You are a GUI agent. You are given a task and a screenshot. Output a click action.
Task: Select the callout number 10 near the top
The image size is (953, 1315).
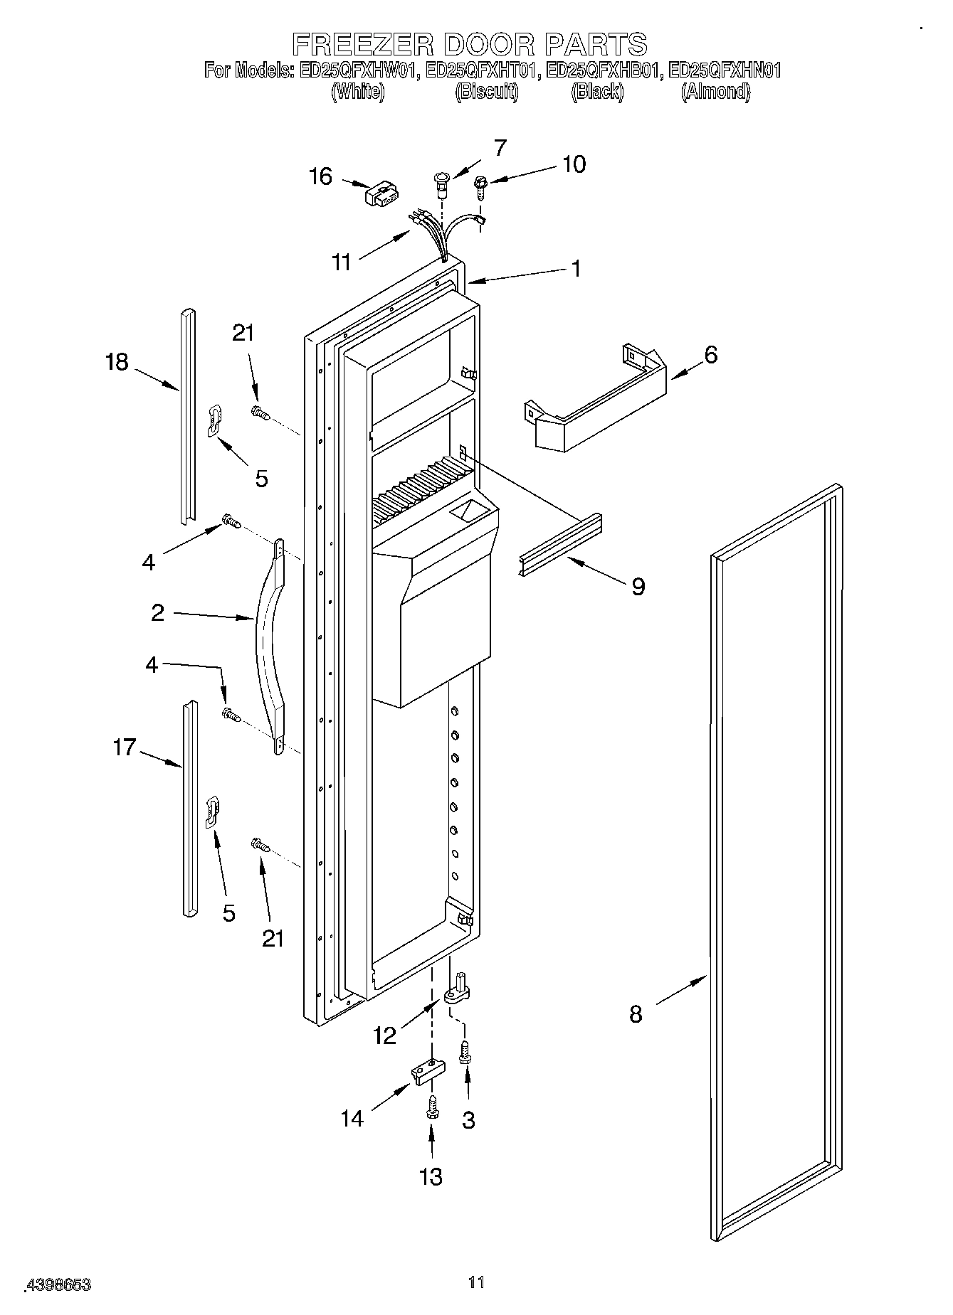coord(574,164)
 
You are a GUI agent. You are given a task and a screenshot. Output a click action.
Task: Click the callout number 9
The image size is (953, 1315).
coord(638,586)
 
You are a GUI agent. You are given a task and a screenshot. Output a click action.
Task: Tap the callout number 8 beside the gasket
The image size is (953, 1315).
coord(636,1013)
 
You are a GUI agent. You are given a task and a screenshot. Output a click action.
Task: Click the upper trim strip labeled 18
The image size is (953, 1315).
coord(187,416)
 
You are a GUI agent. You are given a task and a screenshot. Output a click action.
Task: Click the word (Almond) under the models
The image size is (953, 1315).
coord(715,92)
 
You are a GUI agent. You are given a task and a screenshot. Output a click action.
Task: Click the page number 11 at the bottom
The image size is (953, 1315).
coord(476,1282)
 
